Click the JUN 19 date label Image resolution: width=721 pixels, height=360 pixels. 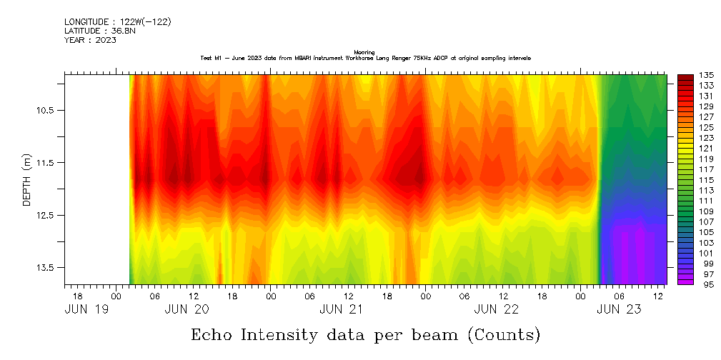pyautogui.click(x=86, y=309)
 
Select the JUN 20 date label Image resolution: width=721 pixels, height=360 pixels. pyautogui.click(x=187, y=309)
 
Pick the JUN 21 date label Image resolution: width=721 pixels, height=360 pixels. pyautogui.click(x=342, y=309)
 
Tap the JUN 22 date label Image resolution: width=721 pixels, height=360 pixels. pyautogui.click(x=497, y=309)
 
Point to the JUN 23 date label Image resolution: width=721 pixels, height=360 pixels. pyautogui.click(x=618, y=309)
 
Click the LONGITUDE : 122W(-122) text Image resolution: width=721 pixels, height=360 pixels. pyautogui.click(x=117, y=22)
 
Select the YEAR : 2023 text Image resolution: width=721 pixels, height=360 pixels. pyautogui.click(x=90, y=40)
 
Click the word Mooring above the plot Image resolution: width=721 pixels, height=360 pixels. pyautogui.click(x=364, y=52)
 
